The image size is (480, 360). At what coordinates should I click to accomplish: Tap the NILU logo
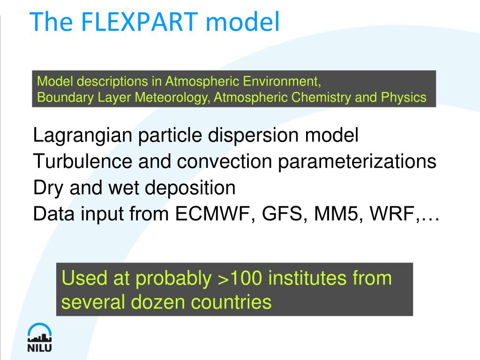tap(39, 337)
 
